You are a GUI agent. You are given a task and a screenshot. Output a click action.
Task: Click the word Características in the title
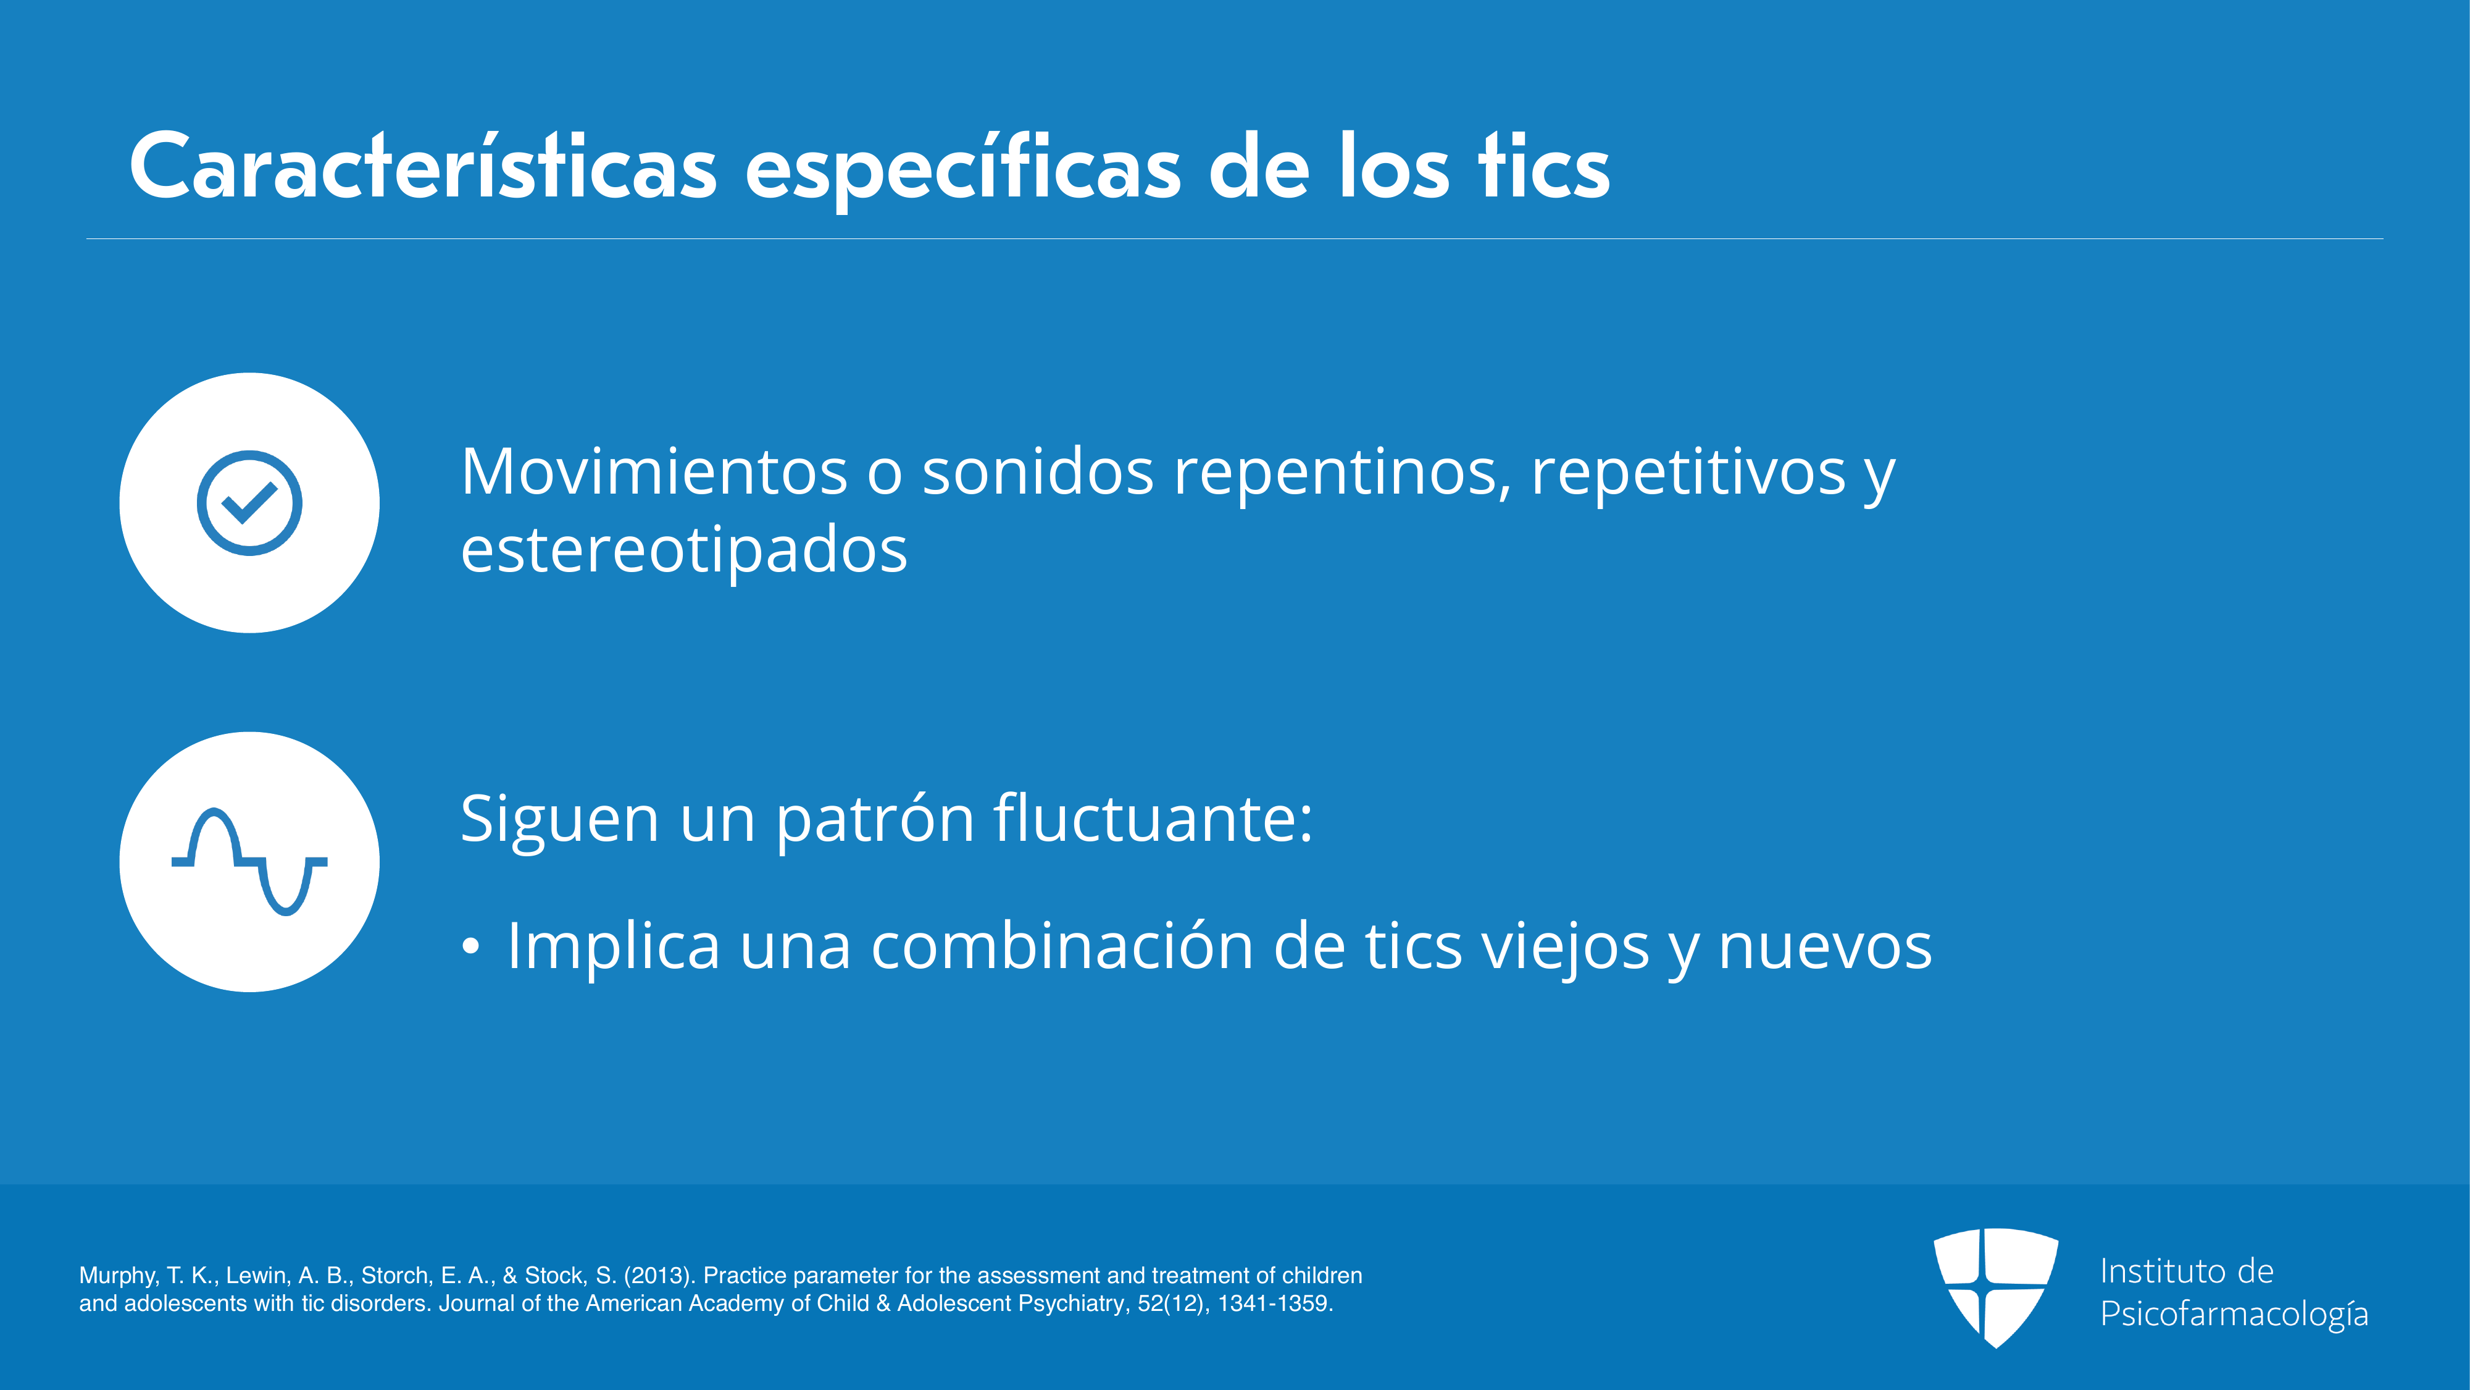click(423, 167)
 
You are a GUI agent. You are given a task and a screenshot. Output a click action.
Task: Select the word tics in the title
click(1544, 167)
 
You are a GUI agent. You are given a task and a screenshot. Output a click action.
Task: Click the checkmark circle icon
click(249, 503)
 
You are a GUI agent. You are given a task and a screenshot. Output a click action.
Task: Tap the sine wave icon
click(249, 861)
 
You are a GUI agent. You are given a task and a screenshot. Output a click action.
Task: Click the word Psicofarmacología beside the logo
click(2234, 1314)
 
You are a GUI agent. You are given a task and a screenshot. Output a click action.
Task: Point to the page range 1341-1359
click(1275, 1304)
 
